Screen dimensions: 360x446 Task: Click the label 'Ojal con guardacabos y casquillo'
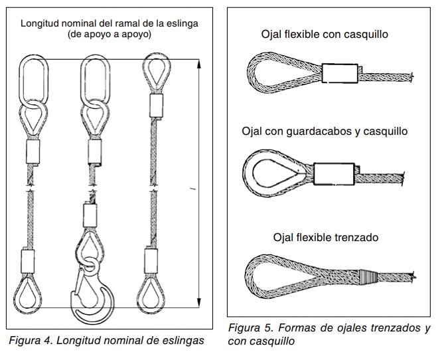point(325,131)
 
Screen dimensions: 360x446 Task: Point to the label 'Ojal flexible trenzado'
point(325,237)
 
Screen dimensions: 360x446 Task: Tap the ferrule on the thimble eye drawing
point(332,174)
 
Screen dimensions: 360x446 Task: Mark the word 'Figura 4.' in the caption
point(29,341)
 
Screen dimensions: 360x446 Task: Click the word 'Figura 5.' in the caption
point(251,328)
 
